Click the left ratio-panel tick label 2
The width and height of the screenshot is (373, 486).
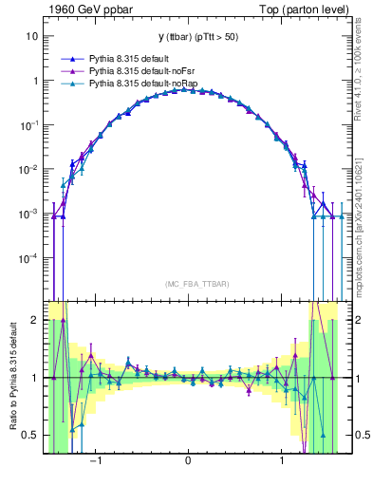(x=34, y=321)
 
